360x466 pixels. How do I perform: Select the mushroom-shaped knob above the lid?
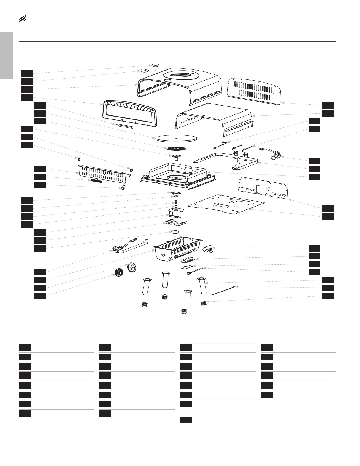155,66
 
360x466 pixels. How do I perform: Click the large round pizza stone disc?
176,138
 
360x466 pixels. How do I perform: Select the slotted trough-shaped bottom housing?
176,249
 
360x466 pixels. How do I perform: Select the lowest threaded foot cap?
184,311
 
